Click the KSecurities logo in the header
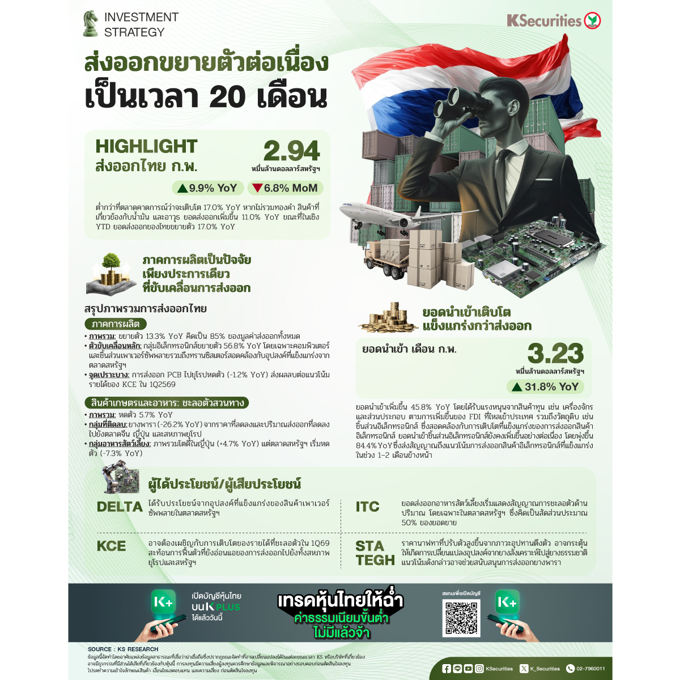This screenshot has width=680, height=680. (554, 21)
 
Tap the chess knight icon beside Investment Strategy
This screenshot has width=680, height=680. (90, 24)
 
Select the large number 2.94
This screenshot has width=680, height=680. (291, 151)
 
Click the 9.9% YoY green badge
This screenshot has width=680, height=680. (207, 188)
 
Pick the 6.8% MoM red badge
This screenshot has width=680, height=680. (285, 188)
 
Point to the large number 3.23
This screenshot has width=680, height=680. (555, 354)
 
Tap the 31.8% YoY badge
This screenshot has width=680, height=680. (545, 387)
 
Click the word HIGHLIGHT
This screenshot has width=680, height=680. (146, 146)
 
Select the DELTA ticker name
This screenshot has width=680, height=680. (120, 507)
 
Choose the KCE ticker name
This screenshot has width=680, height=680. (112, 546)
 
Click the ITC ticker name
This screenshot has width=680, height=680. (367, 507)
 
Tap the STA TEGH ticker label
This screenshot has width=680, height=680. (375, 553)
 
